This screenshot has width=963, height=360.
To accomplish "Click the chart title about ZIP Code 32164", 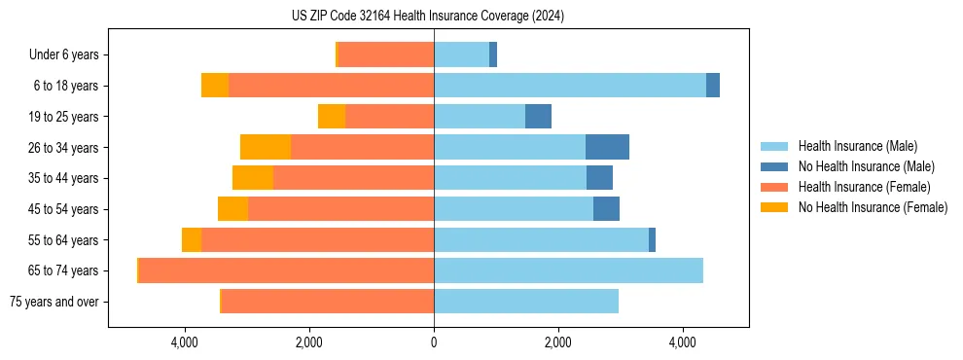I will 427,17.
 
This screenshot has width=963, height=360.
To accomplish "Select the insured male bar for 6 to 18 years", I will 569,86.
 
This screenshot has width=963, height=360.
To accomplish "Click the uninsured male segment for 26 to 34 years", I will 607,147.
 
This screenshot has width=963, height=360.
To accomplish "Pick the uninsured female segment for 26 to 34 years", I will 266,147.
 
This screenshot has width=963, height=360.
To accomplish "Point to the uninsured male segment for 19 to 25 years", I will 538,117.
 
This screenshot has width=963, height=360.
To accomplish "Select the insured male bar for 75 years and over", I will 526,302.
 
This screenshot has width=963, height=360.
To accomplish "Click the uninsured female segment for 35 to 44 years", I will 253,178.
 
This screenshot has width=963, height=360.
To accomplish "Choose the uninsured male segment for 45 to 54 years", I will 606,209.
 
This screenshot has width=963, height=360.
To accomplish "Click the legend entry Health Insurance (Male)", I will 857,146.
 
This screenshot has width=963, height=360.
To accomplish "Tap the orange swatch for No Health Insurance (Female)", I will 775,207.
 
